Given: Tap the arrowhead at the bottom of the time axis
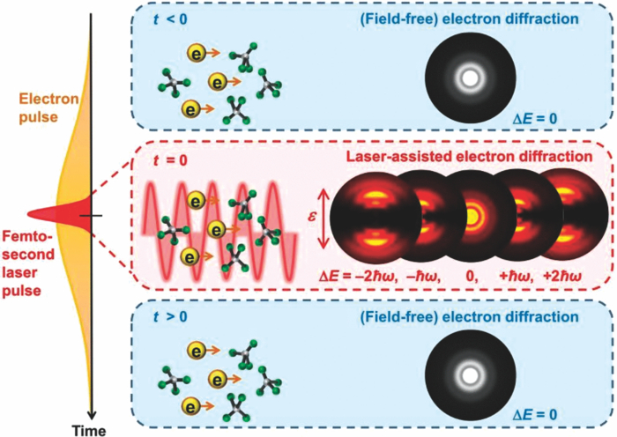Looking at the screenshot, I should coord(90,410).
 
